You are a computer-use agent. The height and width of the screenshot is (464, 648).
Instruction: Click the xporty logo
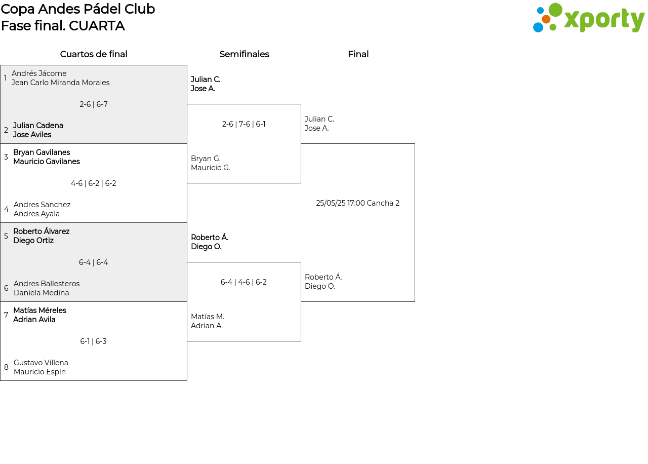point(588,18)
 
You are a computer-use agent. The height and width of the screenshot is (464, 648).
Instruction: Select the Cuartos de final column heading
point(94,54)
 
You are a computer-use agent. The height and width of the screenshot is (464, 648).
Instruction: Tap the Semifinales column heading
point(244,54)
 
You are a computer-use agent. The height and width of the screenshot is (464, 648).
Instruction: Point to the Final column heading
point(358,54)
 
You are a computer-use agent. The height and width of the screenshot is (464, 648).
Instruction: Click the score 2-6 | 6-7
point(94,104)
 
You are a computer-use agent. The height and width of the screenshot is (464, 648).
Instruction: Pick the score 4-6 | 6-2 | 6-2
point(94,183)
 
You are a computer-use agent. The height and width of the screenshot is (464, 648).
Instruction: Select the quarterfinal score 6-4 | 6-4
point(94,262)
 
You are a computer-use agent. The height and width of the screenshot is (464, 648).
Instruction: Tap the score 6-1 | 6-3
point(93,341)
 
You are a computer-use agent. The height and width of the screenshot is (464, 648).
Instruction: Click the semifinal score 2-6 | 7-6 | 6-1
point(244,124)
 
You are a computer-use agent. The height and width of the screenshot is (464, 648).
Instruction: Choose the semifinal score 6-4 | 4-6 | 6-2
point(244,282)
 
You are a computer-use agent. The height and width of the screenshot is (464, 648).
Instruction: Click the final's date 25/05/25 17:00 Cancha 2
point(357,203)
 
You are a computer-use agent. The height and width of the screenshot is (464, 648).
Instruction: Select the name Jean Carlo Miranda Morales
point(60,83)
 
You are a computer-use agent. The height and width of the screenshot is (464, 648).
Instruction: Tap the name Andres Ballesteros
point(47,283)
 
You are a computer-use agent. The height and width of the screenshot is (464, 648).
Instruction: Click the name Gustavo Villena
point(41,362)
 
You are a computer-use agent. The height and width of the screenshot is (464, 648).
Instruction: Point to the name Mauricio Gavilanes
point(47,161)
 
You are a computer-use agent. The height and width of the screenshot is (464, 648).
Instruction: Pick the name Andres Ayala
point(36,214)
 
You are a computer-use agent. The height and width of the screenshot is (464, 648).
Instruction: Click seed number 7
point(6,315)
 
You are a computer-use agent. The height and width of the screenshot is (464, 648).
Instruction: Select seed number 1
point(5,78)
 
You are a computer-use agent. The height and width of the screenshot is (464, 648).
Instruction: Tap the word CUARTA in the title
point(97,26)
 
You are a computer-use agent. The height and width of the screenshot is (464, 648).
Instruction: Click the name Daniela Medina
point(42,293)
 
